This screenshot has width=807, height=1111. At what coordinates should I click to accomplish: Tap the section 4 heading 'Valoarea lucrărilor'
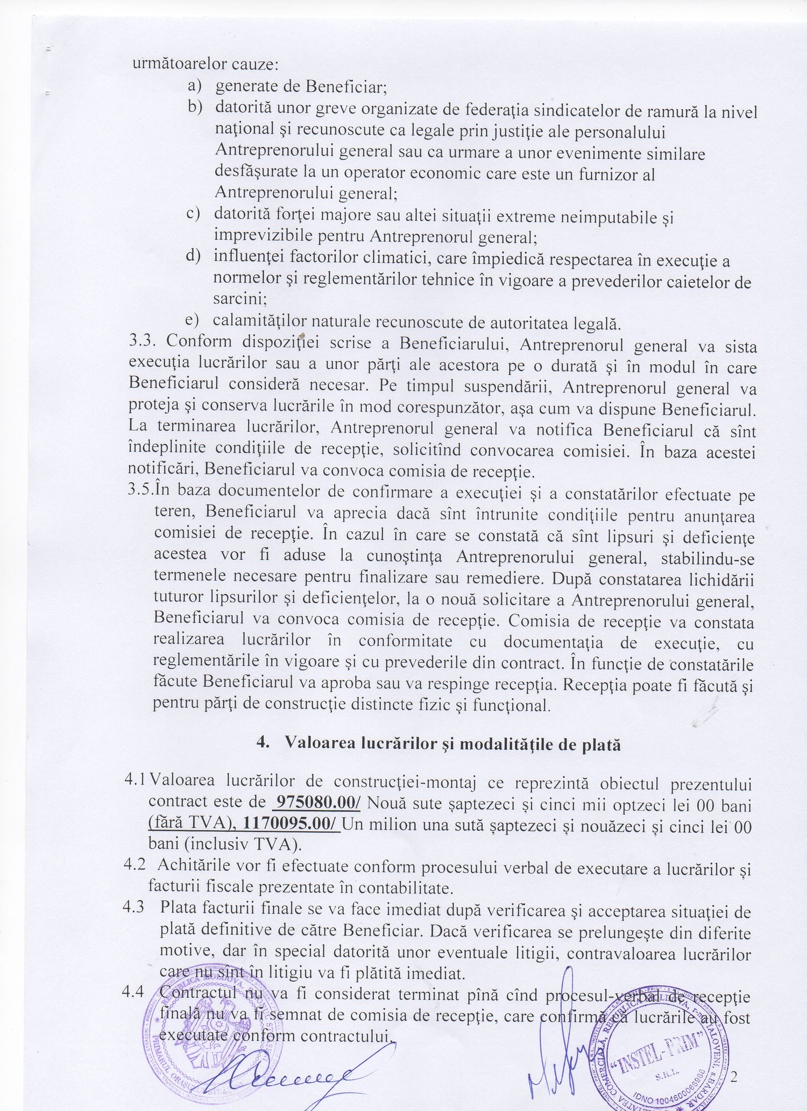pos(439,744)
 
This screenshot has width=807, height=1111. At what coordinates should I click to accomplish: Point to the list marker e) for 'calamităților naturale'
pos(192,320)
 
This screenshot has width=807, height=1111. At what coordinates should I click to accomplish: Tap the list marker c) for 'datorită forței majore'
pos(193,213)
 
